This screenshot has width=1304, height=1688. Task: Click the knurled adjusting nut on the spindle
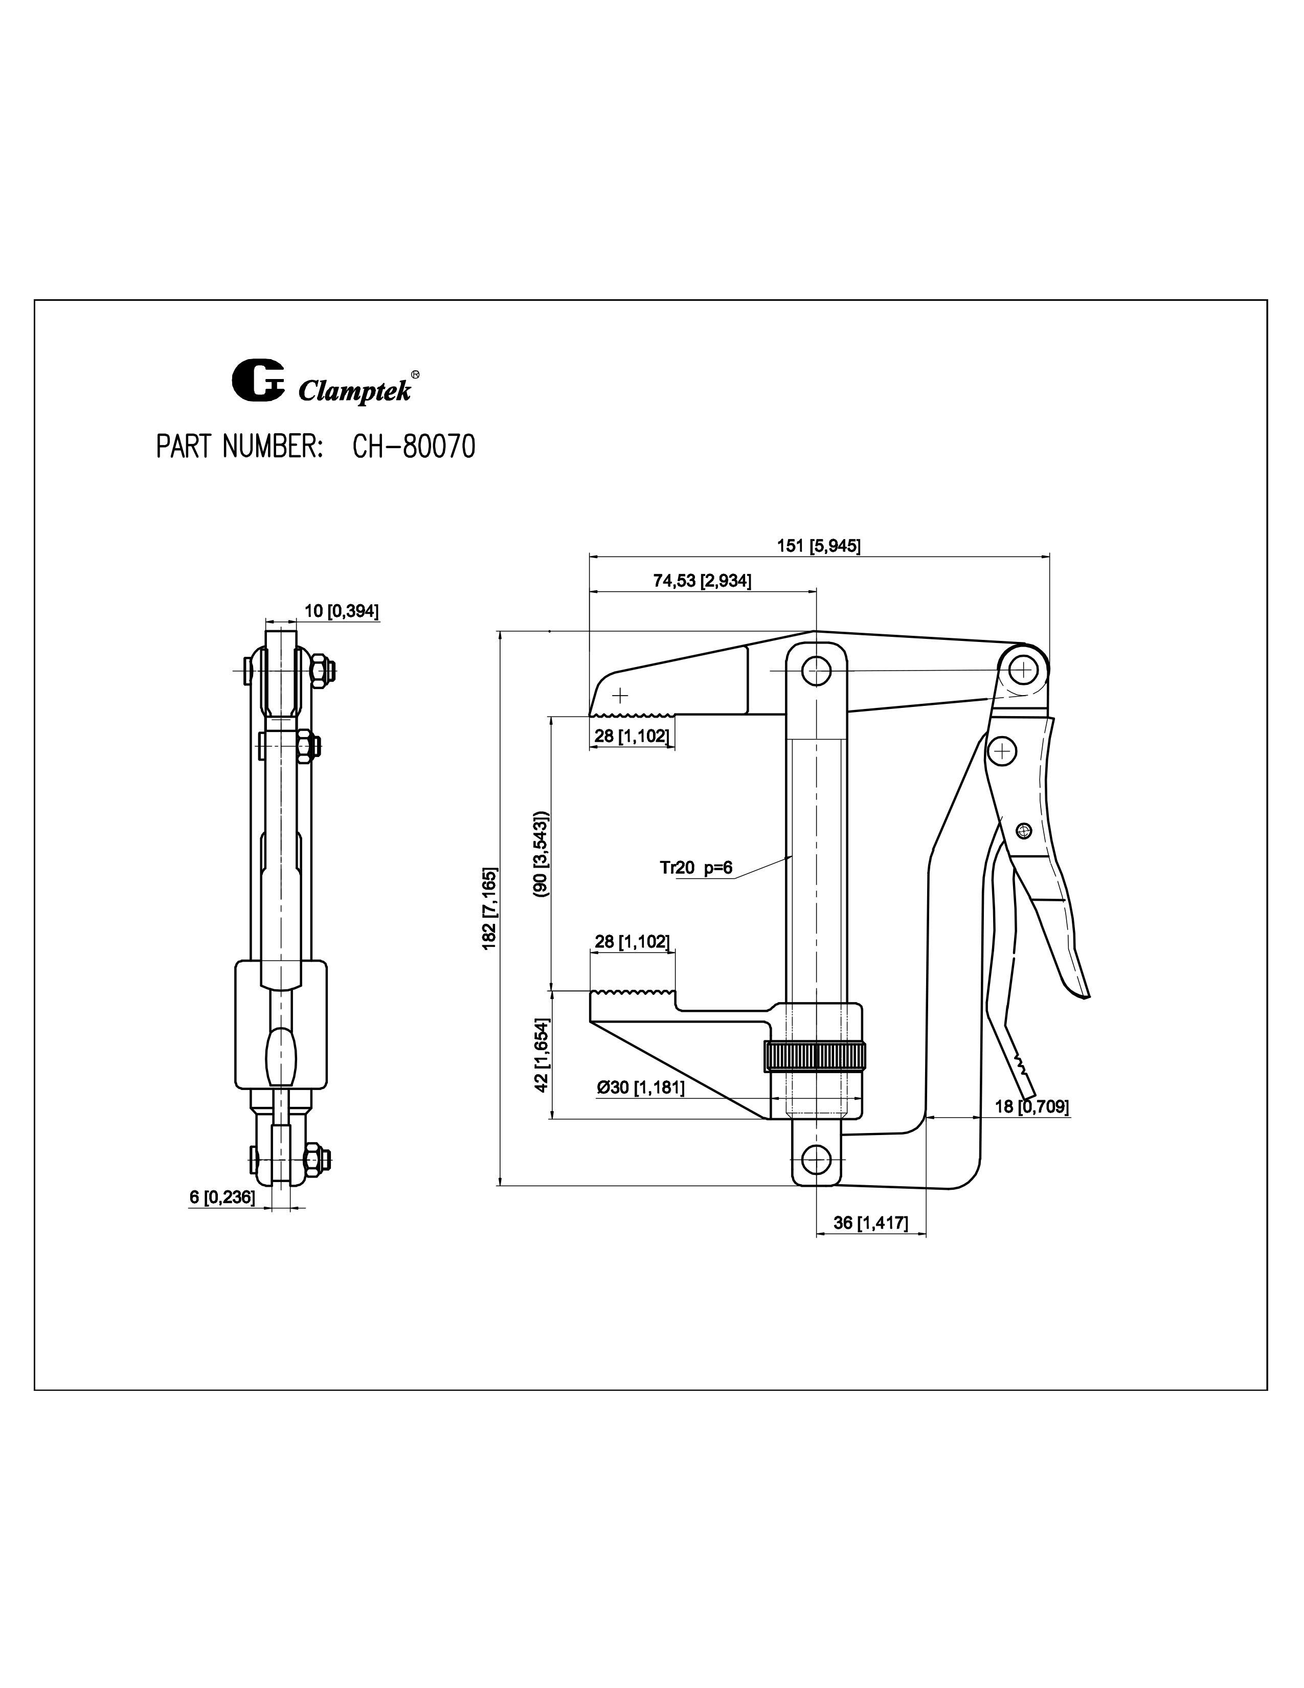[x=815, y=1056]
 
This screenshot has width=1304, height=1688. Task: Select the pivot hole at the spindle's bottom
[x=816, y=1159]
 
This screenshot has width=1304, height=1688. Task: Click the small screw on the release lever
[x=1024, y=831]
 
